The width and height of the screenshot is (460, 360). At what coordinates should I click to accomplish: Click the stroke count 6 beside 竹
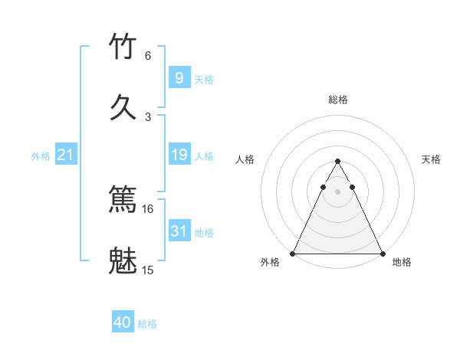coord(148,56)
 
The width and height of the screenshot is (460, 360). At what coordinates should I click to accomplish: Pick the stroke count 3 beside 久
coord(148,116)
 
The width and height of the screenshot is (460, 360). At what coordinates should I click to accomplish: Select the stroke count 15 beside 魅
coord(148,270)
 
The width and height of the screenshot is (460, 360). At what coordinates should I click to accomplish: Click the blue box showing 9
coord(179,77)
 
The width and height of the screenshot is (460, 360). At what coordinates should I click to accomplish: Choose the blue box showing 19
coord(179,155)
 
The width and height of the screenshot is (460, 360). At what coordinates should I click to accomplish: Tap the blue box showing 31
coord(179,231)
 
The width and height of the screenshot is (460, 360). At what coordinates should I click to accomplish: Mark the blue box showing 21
coord(65,155)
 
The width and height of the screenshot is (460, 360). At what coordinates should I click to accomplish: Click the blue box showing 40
coord(123,322)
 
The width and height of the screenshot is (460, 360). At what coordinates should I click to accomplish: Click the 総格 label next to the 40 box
coord(147,324)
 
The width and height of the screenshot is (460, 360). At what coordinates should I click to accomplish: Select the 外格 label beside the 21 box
coord(40,156)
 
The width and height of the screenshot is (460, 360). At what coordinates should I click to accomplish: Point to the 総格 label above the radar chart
coord(337,100)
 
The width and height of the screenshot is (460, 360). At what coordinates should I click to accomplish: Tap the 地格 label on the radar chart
coord(402,262)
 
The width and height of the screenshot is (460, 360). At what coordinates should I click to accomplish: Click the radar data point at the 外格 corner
coord(293,254)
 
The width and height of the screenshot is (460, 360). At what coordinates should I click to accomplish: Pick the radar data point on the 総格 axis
coord(337,162)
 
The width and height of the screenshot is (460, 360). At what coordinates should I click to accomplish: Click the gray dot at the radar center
coord(337,191)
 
